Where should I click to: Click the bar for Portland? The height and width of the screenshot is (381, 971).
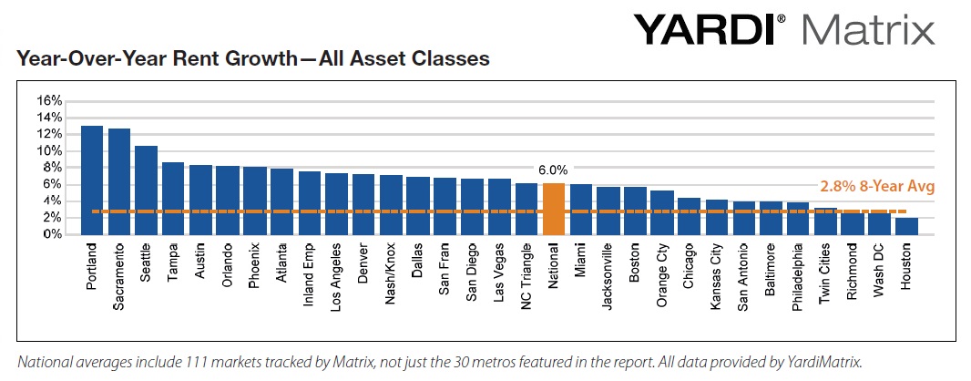click(91, 180)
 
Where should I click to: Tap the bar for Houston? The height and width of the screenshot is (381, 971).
click(906, 225)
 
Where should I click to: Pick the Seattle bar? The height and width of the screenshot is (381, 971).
click(146, 190)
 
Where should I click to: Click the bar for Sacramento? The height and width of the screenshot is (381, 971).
click(118, 181)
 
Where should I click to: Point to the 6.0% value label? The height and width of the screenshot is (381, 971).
click(554, 170)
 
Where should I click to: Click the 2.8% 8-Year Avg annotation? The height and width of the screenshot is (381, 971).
click(878, 186)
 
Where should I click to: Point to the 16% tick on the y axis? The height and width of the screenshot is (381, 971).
click(48, 100)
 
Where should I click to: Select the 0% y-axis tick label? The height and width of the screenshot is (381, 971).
click(52, 234)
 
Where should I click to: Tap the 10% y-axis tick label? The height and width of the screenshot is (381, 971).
click(48, 150)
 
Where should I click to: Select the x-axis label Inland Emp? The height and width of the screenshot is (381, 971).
click(309, 268)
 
